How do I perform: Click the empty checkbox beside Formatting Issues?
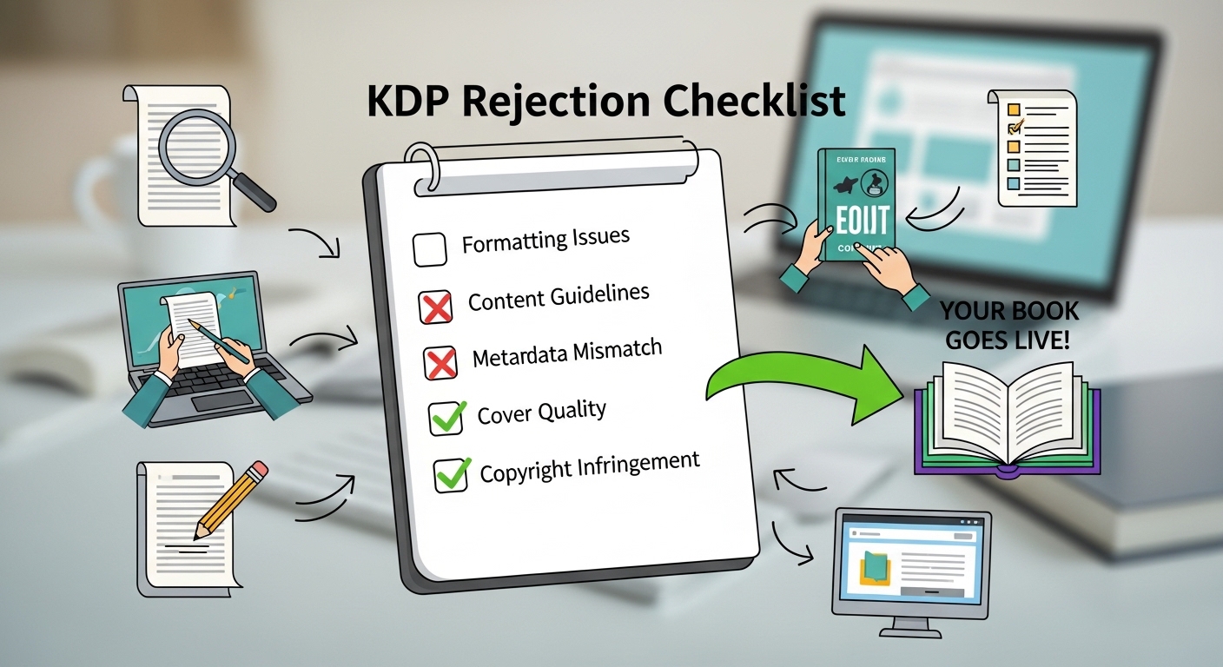(430, 249)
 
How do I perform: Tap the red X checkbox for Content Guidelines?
(435, 307)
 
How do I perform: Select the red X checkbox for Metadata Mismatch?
(440, 362)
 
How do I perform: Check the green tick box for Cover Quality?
(447, 419)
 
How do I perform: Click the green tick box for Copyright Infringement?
(451, 475)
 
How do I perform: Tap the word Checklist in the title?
(755, 102)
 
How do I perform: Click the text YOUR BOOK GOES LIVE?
(1008, 325)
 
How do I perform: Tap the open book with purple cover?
(1008, 417)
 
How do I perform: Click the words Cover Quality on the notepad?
(541, 412)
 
